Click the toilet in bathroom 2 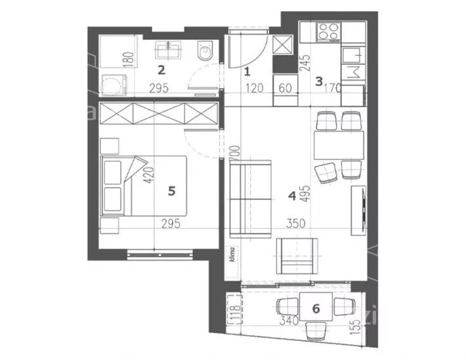pos(205,50)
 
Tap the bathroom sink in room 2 pos(168,50)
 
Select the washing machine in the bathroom pos(114,85)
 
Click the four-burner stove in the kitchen pos(329,32)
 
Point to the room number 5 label pos(171,191)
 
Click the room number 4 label pos(292,196)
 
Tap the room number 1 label pos(247,71)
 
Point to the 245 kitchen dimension pos(305,63)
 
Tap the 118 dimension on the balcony pos(236,312)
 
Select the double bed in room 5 pos(144,186)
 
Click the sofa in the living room pos(251,199)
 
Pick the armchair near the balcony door pos(297,256)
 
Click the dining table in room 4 pos(339,146)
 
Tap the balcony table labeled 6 pos(316,306)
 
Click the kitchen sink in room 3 pos(353,56)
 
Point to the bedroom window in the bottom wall pos(160,254)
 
